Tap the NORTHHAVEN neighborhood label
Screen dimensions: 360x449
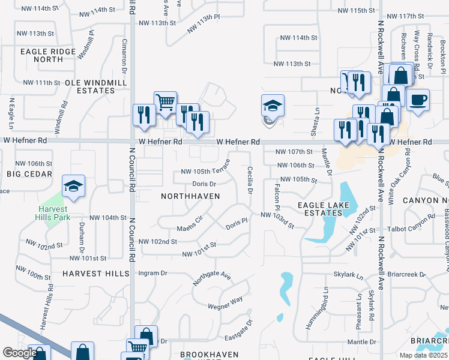[190, 196]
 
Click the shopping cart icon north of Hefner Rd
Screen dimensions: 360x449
[164, 101]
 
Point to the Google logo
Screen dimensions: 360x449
[20, 353]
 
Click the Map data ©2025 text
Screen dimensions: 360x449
[423, 355]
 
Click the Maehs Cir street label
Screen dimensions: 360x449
[190, 228]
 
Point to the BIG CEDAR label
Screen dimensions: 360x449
[26, 173]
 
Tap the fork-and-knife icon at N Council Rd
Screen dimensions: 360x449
[144, 115]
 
